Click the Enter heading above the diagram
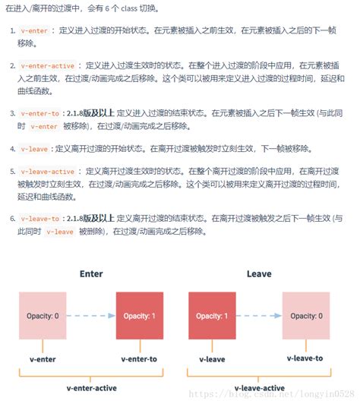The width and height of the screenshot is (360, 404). [x=91, y=273]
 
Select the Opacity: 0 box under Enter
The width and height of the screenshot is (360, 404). [x=43, y=316]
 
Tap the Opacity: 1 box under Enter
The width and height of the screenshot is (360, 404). [x=140, y=316]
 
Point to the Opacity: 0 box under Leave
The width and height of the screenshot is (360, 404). [x=306, y=316]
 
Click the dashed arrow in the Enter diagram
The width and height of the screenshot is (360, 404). [x=91, y=316]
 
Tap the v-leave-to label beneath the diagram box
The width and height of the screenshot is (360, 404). [x=305, y=358]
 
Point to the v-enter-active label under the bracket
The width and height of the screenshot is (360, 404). [x=91, y=388]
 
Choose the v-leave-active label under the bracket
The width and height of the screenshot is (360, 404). [x=258, y=388]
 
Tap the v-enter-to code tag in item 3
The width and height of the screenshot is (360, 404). [x=40, y=113]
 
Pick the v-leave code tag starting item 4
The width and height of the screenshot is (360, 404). [x=35, y=148]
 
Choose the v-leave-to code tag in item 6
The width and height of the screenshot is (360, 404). [x=40, y=219]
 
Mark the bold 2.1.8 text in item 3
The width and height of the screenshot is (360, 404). [x=75, y=113]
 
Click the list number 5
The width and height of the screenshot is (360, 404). [x=12, y=172]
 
